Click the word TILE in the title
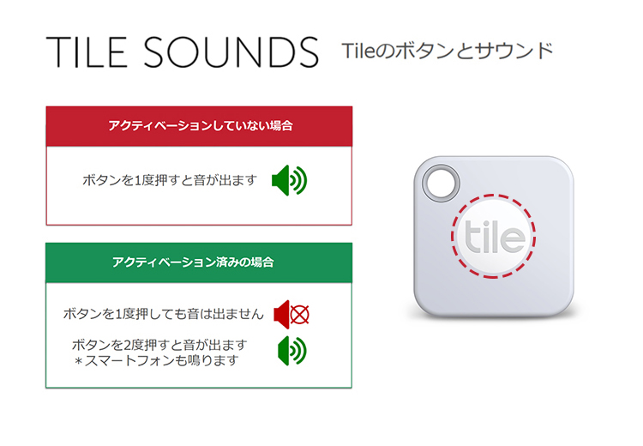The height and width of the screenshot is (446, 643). click(x=86, y=52)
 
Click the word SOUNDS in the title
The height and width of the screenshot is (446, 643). click(x=231, y=52)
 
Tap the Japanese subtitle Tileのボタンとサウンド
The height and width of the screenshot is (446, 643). click(x=448, y=51)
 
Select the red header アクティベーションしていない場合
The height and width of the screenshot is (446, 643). click(x=200, y=125)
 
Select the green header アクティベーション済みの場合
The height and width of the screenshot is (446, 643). click(x=193, y=262)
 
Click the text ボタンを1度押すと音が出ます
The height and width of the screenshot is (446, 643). click(x=170, y=180)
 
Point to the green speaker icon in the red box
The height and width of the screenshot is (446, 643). click(x=290, y=180)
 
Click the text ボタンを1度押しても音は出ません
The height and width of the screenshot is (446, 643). click(x=163, y=314)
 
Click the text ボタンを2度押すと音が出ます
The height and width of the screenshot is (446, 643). click(x=159, y=345)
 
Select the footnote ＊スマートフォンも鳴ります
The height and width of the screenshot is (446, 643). click(x=157, y=360)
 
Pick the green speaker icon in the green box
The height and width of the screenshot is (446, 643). click(x=292, y=351)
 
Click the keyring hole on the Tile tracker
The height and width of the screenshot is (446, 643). click(x=441, y=183)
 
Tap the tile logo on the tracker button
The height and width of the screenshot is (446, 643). click(x=494, y=237)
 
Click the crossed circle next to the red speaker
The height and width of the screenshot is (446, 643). click(x=300, y=315)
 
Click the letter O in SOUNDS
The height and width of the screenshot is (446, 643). click(x=182, y=52)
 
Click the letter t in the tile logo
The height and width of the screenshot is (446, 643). click(x=472, y=237)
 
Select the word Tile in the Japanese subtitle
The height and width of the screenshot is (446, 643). click(x=358, y=51)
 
